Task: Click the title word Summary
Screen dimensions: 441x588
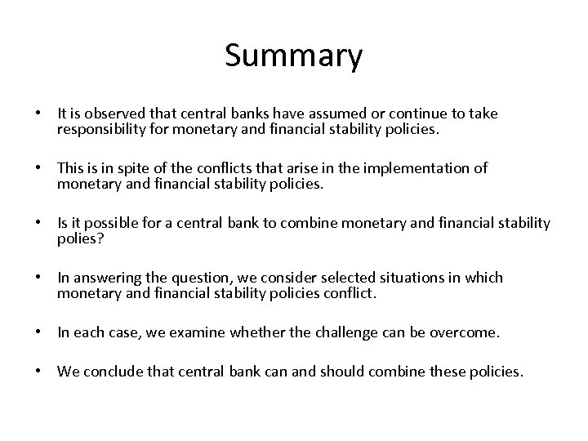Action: coord(293,56)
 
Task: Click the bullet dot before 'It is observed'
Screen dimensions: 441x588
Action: coord(38,114)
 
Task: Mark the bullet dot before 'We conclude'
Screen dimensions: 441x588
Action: coord(38,372)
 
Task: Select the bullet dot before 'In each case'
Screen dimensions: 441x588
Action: coord(38,333)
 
